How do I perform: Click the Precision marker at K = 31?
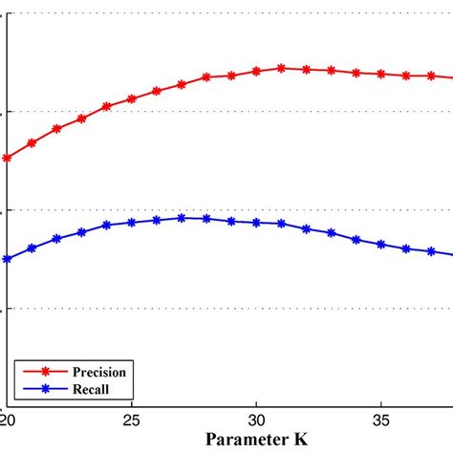[281, 68]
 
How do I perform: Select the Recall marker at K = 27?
[182, 218]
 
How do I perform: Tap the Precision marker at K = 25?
[132, 98]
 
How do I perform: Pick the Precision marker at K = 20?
[8, 158]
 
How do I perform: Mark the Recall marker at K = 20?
[8, 259]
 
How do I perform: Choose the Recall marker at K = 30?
[256, 223]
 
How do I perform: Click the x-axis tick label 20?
[8, 420]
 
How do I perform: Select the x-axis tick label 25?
[132, 420]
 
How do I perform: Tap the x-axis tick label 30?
[256, 420]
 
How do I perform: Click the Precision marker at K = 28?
[206, 76]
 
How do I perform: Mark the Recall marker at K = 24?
[107, 226]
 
